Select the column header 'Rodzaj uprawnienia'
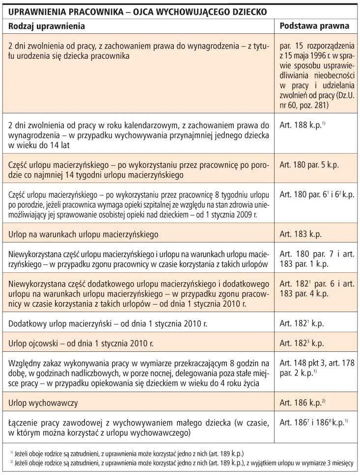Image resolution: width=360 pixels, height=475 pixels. [x=47, y=26]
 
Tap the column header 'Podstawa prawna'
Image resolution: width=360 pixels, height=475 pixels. [x=314, y=26]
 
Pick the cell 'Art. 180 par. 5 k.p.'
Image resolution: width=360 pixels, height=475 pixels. [x=309, y=165]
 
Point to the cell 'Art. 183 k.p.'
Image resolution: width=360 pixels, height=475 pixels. [x=301, y=235]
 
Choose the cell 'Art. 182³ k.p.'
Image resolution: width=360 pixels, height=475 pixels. [x=302, y=343]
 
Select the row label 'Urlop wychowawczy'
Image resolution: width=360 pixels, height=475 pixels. [x=44, y=403]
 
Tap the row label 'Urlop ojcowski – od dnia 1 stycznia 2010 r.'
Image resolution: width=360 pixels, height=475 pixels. [x=81, y=343]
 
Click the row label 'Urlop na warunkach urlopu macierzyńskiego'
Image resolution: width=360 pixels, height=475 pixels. [x=83, y=235]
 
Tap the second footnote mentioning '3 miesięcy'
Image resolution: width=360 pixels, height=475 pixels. [x=182, y=463]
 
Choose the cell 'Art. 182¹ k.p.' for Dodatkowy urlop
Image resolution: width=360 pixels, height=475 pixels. [x=302, y=324]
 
